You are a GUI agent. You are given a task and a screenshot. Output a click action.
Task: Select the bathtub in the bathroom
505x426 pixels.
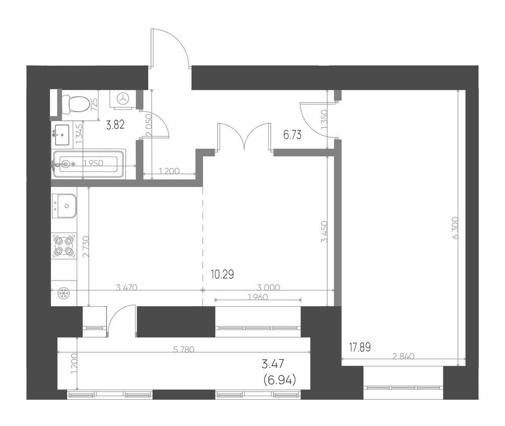pyautogui.click(x=88, y=164)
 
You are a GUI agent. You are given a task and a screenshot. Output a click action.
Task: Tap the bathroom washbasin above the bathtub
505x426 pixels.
pyautogui.click(x=61, y=135)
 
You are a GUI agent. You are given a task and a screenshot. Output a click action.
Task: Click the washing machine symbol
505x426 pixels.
pyautogui.click(x=123, y=99)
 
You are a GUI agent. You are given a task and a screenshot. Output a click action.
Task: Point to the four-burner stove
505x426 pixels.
pyautogui.click(x=64, y=246)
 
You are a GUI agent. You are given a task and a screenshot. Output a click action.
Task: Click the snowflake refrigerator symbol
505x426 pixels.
pyautogui.click(x=63, y=294)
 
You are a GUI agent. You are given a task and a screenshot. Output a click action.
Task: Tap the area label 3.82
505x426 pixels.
pyautogui.click(x=115, y=124)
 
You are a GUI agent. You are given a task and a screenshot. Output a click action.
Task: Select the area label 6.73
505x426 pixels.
pyautogui.click(x=292, y=135)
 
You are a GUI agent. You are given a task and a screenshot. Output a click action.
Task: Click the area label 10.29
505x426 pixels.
pyautogui.click(x=222, y=274)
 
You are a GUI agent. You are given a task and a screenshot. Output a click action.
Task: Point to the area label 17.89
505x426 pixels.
pyautogui.click(x=360, y=347)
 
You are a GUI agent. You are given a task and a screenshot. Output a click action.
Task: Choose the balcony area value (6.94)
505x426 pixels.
pyautogui.click(x=279, y=381)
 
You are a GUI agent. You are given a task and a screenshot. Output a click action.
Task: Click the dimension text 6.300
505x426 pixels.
pyautogui.click(x=456, y=228)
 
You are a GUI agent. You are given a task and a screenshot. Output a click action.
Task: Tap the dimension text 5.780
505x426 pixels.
pyautogui.click(x=184, y=349)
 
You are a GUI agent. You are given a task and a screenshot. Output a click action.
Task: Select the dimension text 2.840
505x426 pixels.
pyautogui.click(x=403, y=356)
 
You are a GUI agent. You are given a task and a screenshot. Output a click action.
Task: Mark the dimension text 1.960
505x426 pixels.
pyautogui.click(x=258, y=298)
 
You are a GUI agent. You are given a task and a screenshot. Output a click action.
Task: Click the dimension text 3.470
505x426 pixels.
pyautogui.click(x=127, y=288)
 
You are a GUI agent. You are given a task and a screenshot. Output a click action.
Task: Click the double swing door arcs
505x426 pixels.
pyautogui.click(x=244, y=137)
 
